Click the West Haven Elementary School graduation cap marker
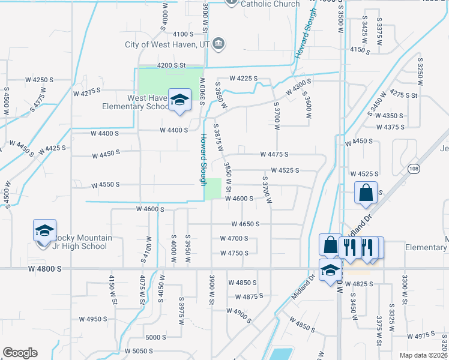click(179, 101)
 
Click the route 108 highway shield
click(413, 169)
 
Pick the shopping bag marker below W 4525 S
click(366, 193)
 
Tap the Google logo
click(20, 353)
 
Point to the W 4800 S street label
click(44, 269)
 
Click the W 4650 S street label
click(246, 224)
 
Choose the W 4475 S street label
click(274, 154)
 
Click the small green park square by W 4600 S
click(212, 189)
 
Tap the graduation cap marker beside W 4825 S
click(330, 271)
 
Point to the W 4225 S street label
click(243, 78)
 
